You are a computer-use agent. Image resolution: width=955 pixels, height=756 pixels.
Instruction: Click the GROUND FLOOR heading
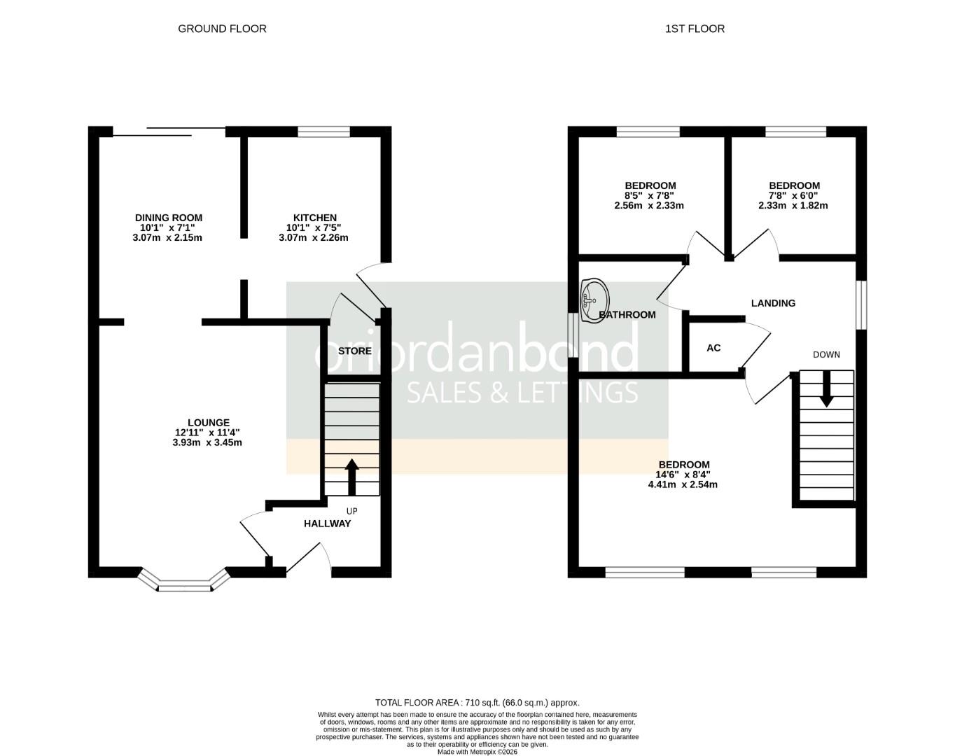222,29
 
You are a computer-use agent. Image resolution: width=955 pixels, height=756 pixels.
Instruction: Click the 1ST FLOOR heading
695,29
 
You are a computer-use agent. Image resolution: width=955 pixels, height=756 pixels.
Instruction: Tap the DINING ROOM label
168,218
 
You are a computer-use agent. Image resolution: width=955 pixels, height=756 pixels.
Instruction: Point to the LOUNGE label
209,422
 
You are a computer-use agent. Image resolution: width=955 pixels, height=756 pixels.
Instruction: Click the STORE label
354,351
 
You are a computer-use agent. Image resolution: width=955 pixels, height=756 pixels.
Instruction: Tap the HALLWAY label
327,524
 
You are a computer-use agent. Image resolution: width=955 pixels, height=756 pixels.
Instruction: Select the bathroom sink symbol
594,293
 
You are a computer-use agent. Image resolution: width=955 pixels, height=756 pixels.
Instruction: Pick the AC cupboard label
713,348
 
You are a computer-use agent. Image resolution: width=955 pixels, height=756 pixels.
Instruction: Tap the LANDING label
773,303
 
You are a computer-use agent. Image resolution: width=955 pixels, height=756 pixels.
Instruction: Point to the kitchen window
323,132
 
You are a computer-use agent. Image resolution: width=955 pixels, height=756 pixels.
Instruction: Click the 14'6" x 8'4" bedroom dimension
683,475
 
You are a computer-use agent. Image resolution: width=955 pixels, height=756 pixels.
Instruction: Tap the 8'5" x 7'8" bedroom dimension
650,196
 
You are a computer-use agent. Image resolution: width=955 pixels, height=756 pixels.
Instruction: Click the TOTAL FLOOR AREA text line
477,702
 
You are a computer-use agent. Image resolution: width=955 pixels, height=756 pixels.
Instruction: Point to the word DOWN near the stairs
826,355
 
